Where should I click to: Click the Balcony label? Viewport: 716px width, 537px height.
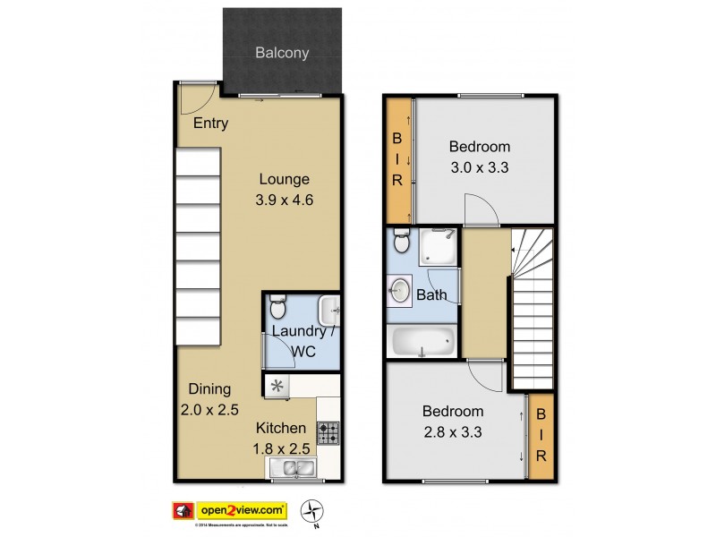282,53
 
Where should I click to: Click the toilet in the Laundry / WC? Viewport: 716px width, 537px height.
278,310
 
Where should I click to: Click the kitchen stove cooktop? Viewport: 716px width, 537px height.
328,433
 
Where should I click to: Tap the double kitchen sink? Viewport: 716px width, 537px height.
291,467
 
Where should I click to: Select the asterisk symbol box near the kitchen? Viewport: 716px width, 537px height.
277,387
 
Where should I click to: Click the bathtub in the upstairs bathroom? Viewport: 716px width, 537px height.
422,341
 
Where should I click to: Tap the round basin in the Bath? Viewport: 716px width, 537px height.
401,291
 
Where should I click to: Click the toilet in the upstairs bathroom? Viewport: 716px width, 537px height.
401,241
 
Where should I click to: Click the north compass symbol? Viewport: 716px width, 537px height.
312,512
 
